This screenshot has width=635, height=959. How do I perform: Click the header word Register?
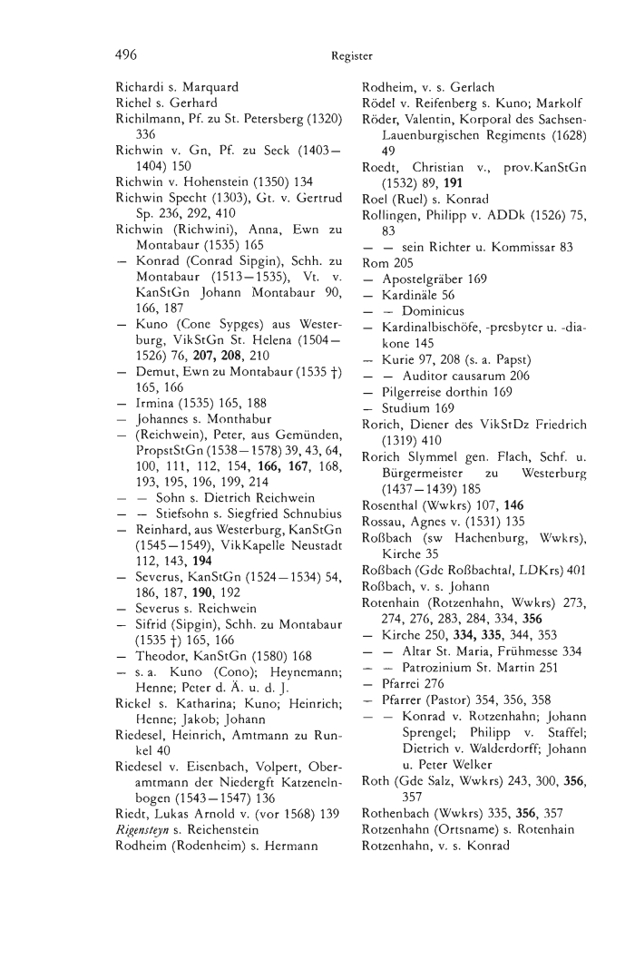click(352, 56)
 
